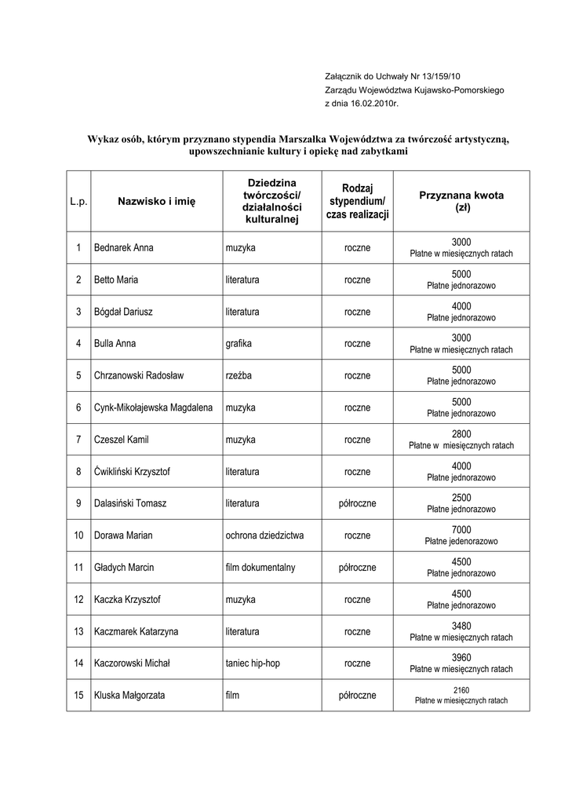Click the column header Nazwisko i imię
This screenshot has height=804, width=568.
[x=156, y=202]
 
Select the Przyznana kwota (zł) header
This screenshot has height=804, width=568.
[x=461, y=202]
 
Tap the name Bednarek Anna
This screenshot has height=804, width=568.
[x=124, y=248]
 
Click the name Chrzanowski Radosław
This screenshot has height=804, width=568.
[x=139, y=375]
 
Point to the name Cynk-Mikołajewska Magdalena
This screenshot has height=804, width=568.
[x=154, y=407]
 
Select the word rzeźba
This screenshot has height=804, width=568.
[x=239, y=375]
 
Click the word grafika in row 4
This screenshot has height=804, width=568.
[x=239, y=343]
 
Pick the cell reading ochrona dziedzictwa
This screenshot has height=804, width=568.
[x=264, y=535]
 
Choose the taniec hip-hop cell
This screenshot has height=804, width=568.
[x=253, y=663]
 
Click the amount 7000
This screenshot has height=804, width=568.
[x=461, y=529]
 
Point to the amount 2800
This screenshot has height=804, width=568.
[x=461, y=433]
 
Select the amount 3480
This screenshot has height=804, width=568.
[x=461, y=625]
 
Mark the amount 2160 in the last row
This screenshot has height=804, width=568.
[x=461, y=689]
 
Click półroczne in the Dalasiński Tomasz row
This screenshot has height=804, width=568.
[x=357, y=503]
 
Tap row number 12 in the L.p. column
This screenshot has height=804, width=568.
[x=78, y=600]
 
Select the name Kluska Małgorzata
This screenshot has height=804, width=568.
[x=129, y=696]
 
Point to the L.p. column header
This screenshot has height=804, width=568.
[x=78, y=202]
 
